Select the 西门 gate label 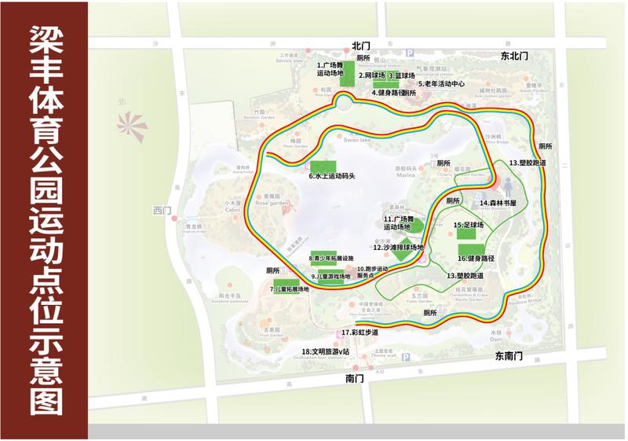tap(162, 210)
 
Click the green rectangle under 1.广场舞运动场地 tap(346, 79)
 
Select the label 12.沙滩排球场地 tap(399, 247)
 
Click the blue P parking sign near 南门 tap(406, 358)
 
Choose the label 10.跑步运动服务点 tap(372, 272)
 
